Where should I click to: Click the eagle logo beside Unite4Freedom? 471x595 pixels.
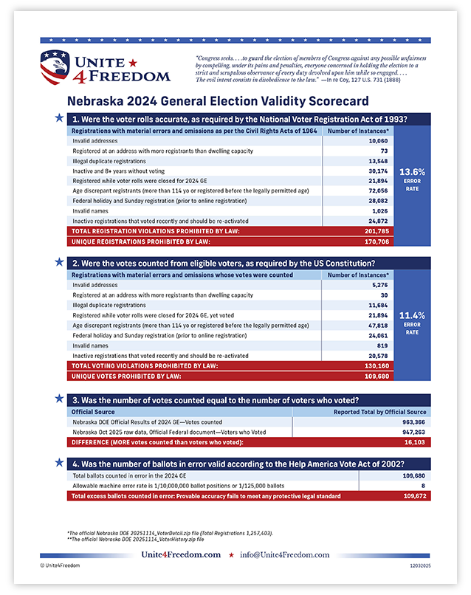point(58,67)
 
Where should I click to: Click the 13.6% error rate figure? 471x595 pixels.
point(412,172)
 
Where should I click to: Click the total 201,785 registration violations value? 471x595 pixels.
point(376,230)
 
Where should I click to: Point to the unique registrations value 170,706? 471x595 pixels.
point(376,240)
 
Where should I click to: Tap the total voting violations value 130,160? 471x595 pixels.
point(376,365)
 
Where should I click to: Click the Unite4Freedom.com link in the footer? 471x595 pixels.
point(182,554)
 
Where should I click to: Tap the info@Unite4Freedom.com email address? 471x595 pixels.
point(285,554)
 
